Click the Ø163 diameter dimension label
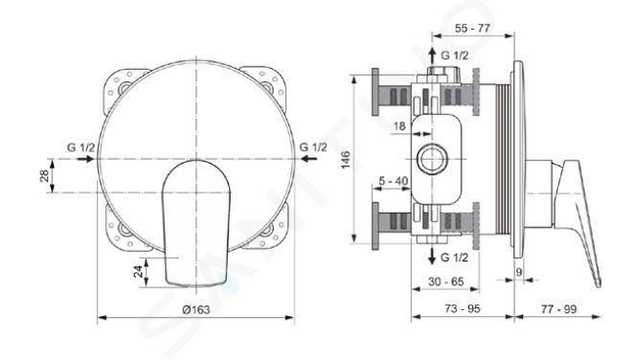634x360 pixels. click(196, 310)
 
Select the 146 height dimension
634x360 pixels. click(346, 160)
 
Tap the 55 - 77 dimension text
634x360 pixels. click(472, 29)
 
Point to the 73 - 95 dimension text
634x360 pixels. click(463, 308)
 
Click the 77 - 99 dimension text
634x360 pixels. click(558, 309)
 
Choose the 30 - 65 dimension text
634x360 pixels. click(446, 281)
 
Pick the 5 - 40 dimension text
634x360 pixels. click(394, 181)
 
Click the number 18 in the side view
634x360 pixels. click(399, 126)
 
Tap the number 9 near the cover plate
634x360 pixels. click(519, 272)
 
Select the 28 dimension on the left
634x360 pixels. click(44, 176)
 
